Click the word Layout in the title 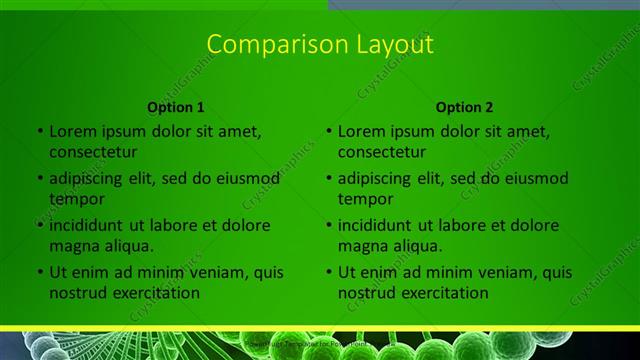click(385, 45)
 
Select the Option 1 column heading click(176, 107)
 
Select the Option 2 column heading click(464, 107)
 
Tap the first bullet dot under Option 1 click(40, 131)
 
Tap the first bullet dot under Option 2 click(329, 131)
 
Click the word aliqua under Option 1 click(125, 246)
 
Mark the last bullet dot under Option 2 click(329, 272)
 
